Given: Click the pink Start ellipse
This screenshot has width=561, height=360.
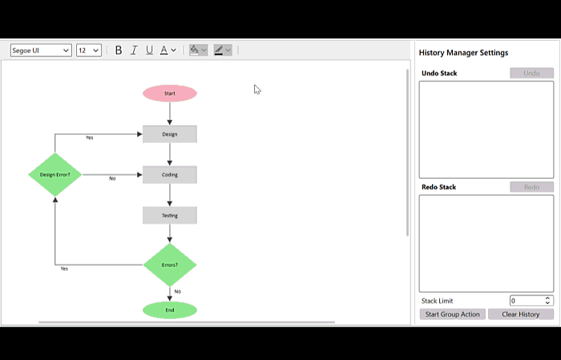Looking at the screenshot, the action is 170,93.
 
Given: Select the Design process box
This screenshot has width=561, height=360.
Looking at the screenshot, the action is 170,134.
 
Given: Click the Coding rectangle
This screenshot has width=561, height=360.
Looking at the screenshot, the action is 170,175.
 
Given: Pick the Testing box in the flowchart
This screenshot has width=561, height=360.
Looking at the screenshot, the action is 170,216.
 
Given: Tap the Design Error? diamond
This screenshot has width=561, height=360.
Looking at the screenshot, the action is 55,175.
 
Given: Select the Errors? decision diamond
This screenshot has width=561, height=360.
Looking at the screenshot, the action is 170,265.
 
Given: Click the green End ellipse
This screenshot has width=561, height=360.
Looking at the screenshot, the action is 170,310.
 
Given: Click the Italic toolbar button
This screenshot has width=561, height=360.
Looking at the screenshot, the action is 134,51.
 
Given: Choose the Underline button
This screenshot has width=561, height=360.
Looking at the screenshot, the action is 150,51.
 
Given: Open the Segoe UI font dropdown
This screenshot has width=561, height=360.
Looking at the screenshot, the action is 41,51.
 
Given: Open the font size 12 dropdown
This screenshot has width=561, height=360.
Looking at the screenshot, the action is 89,51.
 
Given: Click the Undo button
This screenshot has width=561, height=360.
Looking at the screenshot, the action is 531,73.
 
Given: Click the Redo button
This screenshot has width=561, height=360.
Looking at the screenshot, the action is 531,187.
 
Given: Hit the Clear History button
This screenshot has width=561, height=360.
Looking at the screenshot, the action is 521,314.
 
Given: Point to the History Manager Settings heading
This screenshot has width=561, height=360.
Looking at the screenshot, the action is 464,53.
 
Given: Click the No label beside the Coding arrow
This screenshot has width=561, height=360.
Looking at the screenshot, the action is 112,179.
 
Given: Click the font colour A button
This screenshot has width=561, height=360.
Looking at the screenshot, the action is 163,51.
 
